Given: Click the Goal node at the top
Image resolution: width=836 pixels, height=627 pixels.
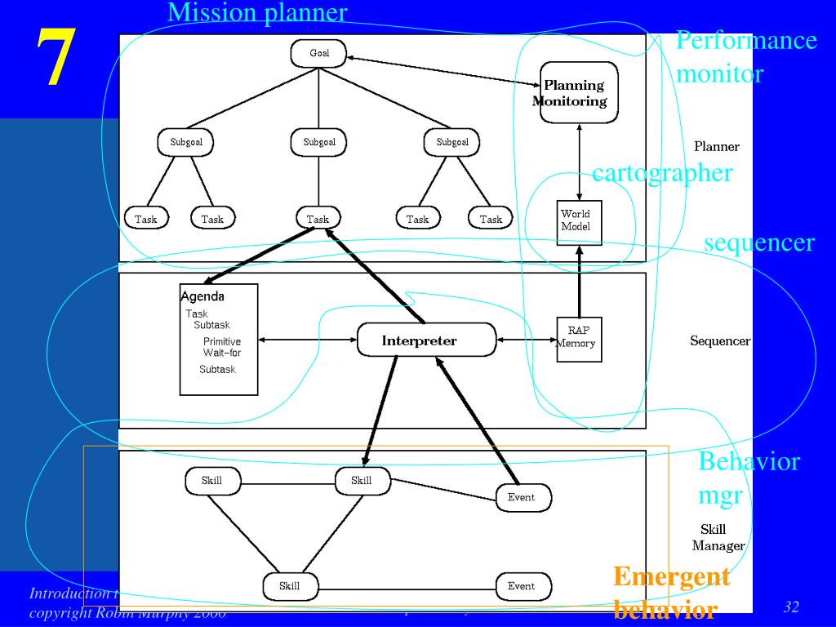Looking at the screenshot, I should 319,54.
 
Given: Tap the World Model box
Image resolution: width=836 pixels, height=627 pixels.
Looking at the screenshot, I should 580,221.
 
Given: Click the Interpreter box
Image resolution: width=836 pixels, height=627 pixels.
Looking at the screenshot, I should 426,340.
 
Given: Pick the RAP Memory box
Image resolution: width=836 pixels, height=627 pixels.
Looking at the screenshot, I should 579,337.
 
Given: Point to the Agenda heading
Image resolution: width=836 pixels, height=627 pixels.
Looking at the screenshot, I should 202,297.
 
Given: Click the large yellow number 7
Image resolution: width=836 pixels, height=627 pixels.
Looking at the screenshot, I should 55,56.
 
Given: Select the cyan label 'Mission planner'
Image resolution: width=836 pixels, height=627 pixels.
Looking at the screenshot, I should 257,12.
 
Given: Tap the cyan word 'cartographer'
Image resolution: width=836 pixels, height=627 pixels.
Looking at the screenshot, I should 662,173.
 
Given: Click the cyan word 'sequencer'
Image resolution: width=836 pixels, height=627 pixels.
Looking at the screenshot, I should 759,242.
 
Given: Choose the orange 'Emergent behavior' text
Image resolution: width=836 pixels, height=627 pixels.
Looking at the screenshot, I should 671,593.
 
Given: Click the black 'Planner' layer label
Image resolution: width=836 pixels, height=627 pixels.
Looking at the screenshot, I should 717,147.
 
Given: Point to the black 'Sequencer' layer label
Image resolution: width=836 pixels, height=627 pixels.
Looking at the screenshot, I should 720,341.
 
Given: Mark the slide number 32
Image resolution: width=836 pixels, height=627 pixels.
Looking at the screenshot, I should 791,607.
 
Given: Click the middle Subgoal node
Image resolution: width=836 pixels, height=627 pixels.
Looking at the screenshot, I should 319,142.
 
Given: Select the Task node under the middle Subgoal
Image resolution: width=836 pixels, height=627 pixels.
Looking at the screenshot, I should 318,219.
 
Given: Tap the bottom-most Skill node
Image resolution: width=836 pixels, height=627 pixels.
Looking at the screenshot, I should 290,586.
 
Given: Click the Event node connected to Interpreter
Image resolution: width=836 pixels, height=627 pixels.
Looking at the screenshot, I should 522,497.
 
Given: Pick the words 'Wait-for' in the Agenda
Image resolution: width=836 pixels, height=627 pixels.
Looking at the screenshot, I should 222,353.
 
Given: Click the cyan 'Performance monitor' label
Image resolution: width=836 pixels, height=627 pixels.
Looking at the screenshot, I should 746,57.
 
